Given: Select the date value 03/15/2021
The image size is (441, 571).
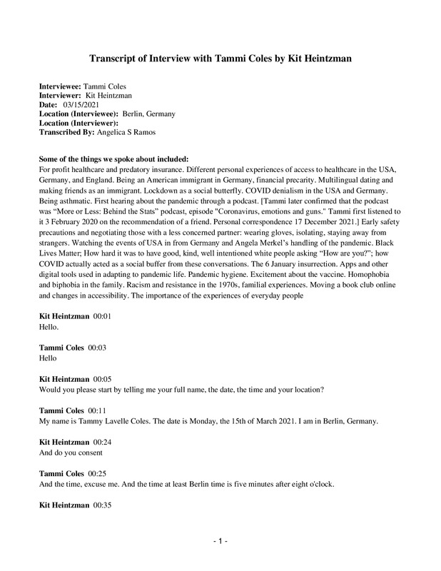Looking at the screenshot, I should [82, 104].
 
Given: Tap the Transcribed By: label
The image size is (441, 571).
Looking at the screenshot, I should [68, 132].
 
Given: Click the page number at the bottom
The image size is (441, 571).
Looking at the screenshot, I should [220, 542].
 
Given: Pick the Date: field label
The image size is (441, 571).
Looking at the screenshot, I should [49, 104].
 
